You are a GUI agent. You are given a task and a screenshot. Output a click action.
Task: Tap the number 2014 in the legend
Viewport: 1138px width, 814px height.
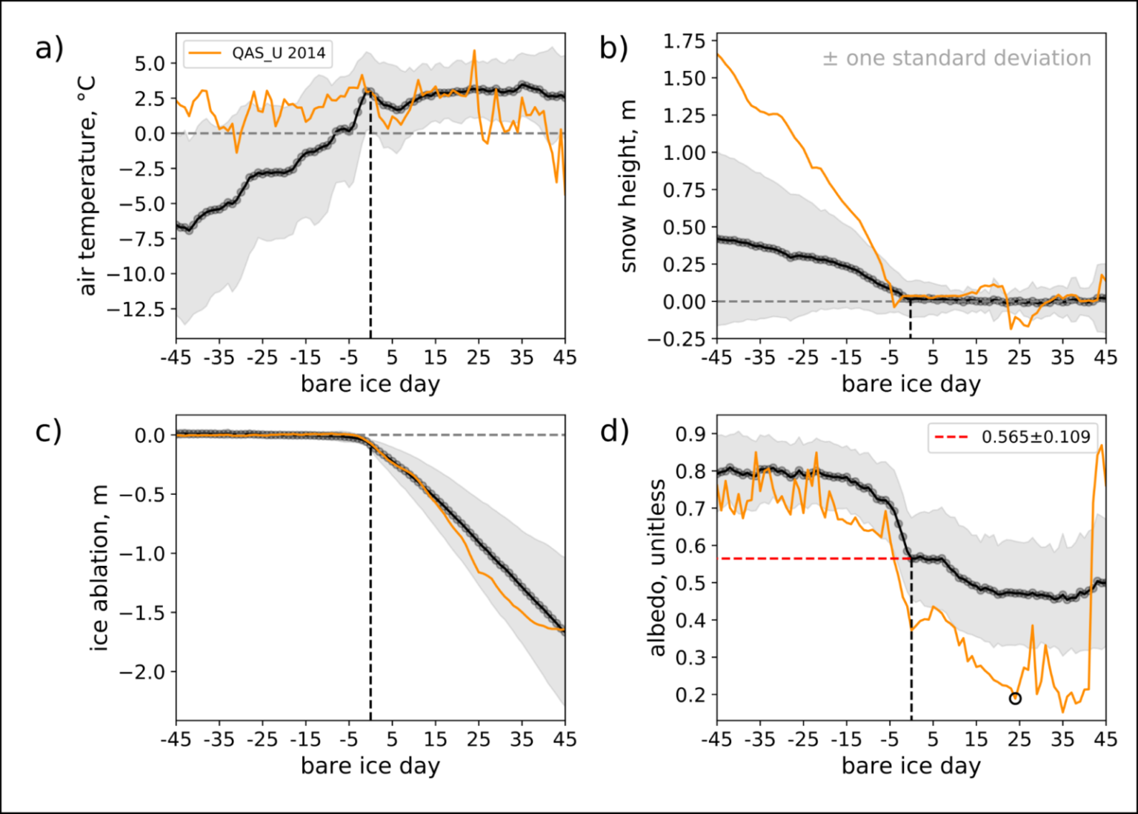pos(307,53)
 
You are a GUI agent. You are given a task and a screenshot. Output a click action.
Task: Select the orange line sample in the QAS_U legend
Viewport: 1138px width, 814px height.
pos(205,53)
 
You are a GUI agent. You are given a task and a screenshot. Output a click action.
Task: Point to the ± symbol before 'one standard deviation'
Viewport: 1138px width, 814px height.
pos(830,59)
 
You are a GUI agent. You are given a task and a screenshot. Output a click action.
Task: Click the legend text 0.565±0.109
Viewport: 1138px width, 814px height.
pos(1035,438)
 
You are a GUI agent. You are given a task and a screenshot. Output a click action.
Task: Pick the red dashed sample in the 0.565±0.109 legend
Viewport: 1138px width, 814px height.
pos(951,438)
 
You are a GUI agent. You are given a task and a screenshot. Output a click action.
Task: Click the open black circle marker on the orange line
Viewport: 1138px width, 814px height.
pos(1015,698)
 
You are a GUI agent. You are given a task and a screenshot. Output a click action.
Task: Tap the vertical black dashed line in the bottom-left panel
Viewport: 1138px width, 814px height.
pos(370,593)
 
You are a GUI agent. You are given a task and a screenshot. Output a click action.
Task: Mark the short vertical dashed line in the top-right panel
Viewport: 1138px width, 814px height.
pos(911,318)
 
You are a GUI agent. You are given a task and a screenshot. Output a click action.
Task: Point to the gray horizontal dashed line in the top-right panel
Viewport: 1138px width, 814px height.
pos(800,301)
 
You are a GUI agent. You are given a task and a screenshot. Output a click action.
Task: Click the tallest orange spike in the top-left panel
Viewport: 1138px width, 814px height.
pos(474,51)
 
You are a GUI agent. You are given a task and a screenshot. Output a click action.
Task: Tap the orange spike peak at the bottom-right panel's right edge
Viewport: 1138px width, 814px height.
pos(1102,446)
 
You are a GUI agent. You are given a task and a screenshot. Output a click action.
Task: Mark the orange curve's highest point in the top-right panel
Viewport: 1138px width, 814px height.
pos(719,55)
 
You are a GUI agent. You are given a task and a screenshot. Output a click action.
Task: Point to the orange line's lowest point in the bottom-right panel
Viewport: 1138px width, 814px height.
pos(1063,712)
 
